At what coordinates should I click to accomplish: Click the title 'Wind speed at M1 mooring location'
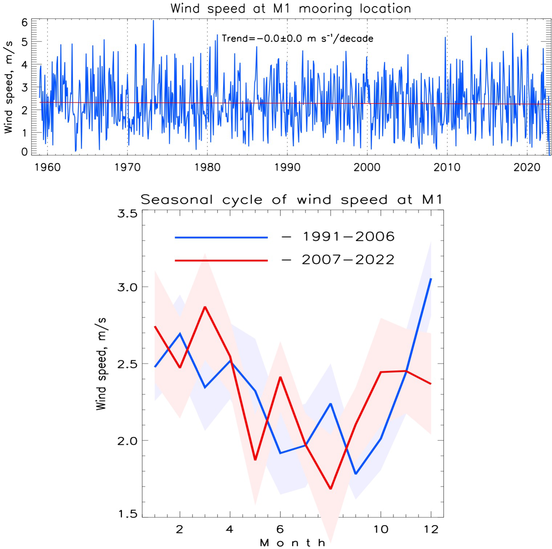291,8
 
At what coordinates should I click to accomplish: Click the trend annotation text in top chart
297,38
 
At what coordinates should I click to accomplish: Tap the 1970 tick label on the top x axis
127,167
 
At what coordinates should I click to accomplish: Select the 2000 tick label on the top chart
367,167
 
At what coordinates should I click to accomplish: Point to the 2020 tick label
527,167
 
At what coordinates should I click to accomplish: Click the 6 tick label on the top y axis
24,23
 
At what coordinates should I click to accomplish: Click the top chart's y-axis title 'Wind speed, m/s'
8,87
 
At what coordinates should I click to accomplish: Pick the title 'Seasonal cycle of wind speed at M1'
292,199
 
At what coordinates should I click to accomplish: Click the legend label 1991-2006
348,237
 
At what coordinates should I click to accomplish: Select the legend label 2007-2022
348,260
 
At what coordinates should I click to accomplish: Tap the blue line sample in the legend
221,237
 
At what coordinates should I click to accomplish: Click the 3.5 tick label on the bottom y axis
127,213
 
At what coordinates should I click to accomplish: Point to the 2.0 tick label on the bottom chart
127,440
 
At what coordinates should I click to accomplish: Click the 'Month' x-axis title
293,543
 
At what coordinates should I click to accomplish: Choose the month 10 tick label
381,529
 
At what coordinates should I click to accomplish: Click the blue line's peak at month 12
431,279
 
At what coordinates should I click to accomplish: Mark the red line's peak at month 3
205,307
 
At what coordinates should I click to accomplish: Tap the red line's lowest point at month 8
330,489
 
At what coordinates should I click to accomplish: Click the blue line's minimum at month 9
356,474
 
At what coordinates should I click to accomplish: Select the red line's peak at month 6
280,377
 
